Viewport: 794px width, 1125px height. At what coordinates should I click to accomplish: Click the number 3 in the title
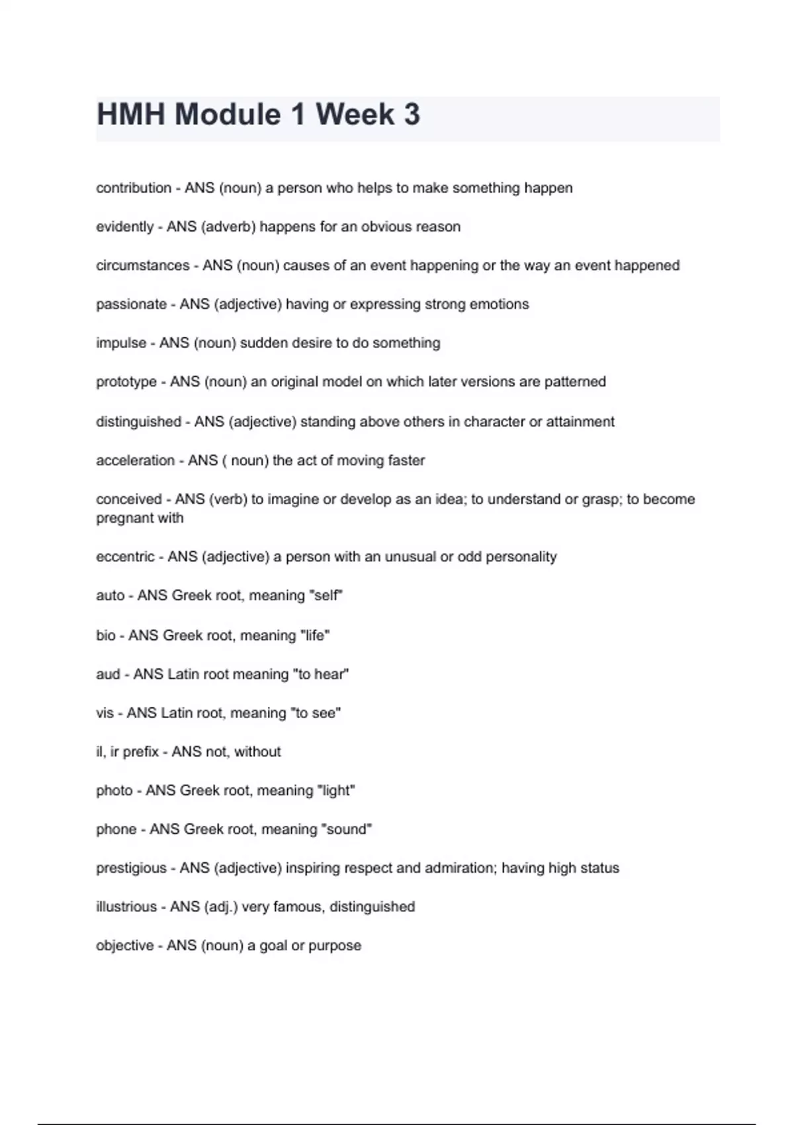pos(411,114)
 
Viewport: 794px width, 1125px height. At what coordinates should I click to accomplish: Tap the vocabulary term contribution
pos(134,188)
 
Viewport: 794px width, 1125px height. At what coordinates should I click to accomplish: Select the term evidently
pos(124,226)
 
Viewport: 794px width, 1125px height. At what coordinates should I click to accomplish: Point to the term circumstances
pos(142,265)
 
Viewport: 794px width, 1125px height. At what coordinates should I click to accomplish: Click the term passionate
pos(131,304)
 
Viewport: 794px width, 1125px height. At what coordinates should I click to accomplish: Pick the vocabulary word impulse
pos(121,343)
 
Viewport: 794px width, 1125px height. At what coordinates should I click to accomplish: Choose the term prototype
pos(126,382)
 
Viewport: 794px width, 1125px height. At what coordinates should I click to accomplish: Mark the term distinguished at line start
pos(138,422)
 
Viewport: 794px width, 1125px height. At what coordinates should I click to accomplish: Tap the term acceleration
pos(135,460)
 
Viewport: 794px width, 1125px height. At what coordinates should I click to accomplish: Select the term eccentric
pos(125,557)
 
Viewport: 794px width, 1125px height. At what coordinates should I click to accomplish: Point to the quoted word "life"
pos(315,635)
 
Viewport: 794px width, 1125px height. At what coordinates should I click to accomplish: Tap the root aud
pos(108,674)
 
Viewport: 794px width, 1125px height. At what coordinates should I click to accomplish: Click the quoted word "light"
pos(336,790)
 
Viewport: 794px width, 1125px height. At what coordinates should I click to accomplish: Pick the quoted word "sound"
pos(349,829)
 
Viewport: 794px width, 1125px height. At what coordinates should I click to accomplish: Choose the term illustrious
pos(126,907)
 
